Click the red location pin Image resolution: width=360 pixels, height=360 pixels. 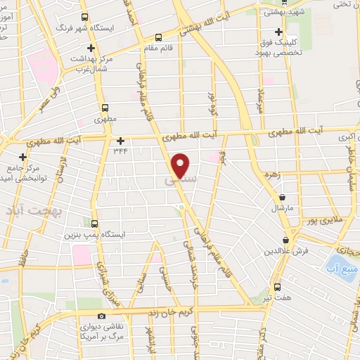181,165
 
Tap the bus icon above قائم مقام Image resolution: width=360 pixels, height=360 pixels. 158,37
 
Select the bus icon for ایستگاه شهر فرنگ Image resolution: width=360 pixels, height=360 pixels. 85,17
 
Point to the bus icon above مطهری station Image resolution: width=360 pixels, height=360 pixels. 105,108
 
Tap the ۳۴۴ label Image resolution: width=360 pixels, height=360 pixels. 120,150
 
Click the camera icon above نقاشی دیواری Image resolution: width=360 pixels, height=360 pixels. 103,316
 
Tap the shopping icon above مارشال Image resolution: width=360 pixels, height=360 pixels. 283,198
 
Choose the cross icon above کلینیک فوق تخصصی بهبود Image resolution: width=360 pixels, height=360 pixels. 280,32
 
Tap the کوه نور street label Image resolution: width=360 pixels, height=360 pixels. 212,104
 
